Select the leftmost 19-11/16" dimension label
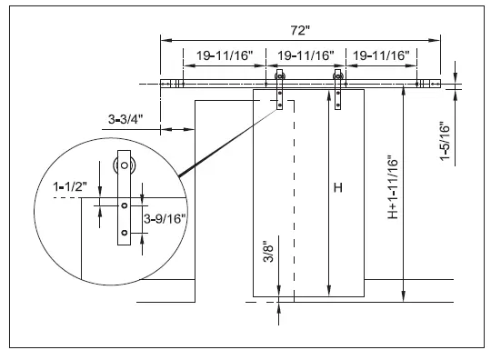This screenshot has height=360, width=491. (x=223, y=55)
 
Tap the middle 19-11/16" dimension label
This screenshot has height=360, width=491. (x=306, y=55)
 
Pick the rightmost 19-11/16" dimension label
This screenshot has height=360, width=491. (x=381, y=55)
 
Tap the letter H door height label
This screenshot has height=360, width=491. (x=337, y=188)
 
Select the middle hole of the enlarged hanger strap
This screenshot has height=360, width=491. (x=122, y=207)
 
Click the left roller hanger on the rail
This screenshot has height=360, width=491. (x=279, y=91)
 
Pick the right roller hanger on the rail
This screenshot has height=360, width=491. (x=339, y=91)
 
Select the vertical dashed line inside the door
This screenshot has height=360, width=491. (x=291, y=200)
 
